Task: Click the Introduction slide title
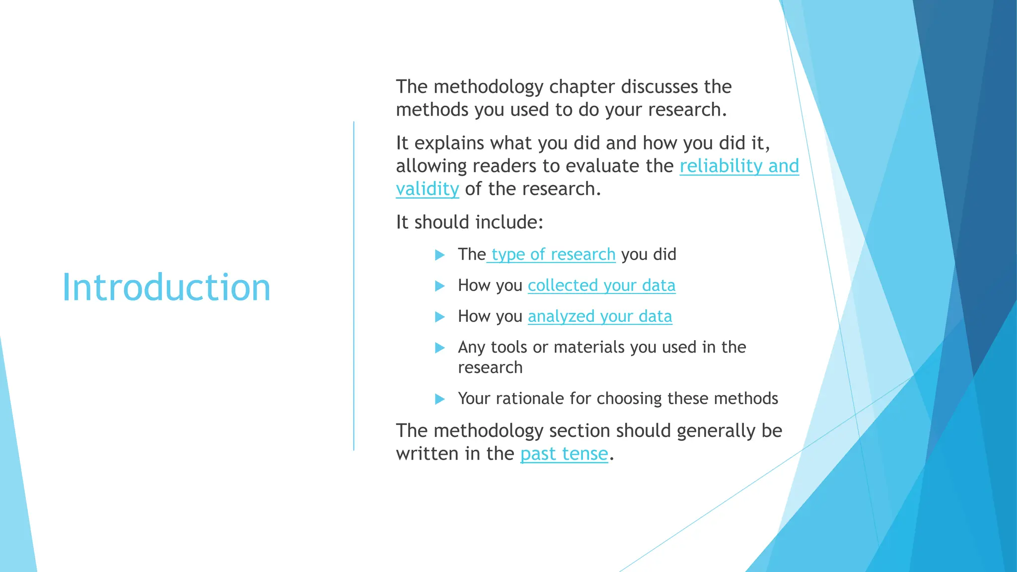coord(166,287)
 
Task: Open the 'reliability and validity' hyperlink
coord(738,166)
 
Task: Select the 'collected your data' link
coord(601,286)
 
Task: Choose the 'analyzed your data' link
coord(600,316)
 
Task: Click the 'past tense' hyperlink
coord(564,454)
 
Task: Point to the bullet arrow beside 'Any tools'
coord(439,348)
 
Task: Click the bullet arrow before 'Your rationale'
coord(439,399)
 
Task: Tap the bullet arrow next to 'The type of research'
coord(439,255)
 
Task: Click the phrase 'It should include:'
coord(469,222)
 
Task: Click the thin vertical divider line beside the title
coord(354,286)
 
